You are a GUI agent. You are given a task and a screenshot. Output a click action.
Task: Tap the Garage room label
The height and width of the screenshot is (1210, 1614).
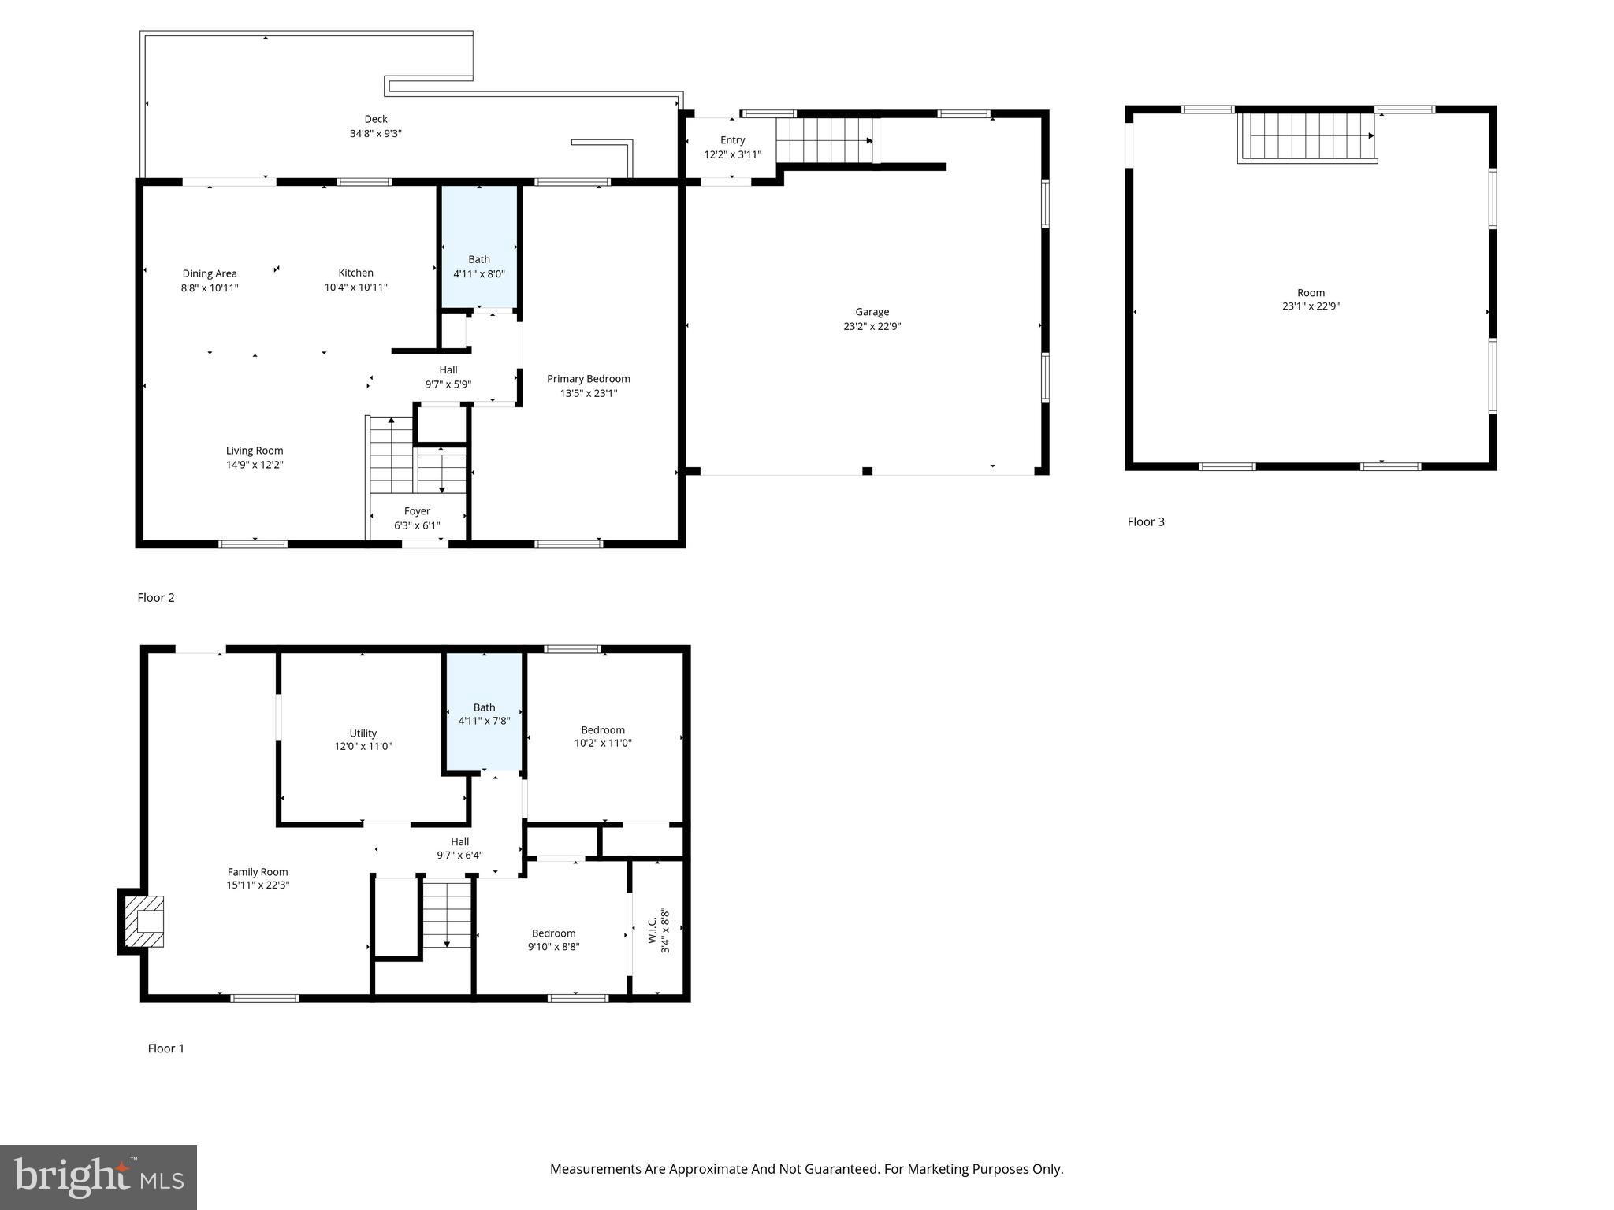[x=872, y=312]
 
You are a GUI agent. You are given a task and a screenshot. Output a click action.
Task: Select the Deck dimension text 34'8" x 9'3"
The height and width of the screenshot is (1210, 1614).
[x=376, y=134]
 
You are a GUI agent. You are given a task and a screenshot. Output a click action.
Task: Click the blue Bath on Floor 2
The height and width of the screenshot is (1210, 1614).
[x=479, y=246]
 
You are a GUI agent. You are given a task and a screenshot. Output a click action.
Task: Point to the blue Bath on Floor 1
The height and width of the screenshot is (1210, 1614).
[x=484, y=713]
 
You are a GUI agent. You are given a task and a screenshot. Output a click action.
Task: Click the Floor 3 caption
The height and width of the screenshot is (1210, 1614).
[x=1145, y=521]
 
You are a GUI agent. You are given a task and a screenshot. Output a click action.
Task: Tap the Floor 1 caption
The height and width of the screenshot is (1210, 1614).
[x=165, y=1049]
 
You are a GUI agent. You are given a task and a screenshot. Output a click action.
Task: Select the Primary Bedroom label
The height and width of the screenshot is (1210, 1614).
[x=588, y=379]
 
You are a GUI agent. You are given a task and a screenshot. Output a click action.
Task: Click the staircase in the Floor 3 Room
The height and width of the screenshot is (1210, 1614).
[x=1307, y=136]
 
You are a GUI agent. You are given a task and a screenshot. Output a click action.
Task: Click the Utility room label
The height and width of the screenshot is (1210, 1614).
[x=363, y=733]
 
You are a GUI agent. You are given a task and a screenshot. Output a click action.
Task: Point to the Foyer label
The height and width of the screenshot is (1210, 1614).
[x=417, y=511]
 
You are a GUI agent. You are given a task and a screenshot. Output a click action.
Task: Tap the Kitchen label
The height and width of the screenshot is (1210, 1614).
[x=355, y=273]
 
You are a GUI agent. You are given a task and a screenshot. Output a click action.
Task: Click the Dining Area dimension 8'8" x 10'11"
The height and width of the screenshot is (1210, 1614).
[x=209, y=288]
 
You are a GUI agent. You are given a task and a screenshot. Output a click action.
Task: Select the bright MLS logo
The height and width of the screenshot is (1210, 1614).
[x=99, y=1177]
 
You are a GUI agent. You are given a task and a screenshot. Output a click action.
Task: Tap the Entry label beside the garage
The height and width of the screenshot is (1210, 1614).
[x=732, y=140]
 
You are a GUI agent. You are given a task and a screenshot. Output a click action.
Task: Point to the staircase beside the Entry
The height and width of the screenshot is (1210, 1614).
[x=824, y=140]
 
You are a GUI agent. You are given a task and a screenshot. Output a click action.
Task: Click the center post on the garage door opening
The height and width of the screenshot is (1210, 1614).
[x=867, y=471]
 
